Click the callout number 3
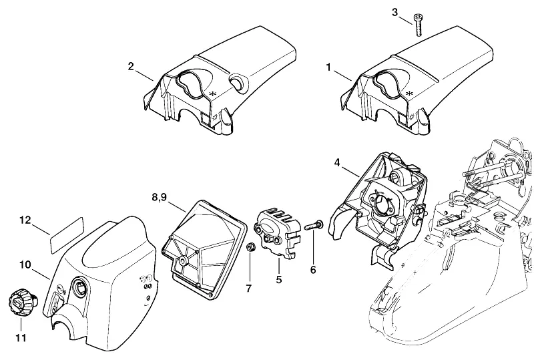point(394,12)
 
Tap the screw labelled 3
point(418,25)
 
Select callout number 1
point(328,67)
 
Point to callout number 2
point(131,67)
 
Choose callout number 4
point(337,162)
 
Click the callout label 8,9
point(160,198)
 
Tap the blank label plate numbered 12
point(67,235)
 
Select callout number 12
point(25,220)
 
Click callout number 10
point(25,264)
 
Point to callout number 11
point(21,338)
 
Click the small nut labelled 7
point(251,247)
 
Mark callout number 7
point(248,288)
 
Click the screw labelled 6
point(314,226)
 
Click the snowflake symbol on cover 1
point(410,94)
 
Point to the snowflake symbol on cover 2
point(213,94)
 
